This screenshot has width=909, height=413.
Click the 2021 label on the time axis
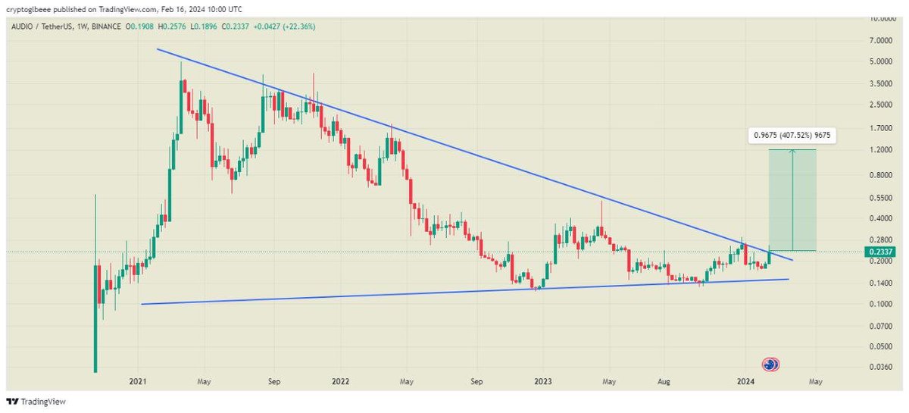(137, 382)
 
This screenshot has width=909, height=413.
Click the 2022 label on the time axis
(339, 382)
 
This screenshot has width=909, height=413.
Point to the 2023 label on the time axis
(542, 382)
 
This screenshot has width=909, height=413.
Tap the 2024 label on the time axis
(745, 382)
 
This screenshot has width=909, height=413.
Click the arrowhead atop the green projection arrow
(793, 152)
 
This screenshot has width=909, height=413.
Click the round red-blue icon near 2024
(771, 365)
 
